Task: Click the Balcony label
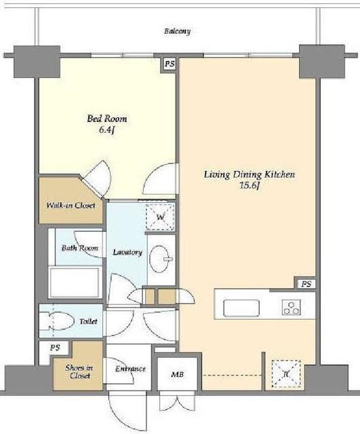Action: (x=178, y=31)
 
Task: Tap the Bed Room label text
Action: (x=107, y=119)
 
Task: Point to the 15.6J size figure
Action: (x=249, y=186)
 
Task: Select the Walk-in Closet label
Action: (x=71, y=205)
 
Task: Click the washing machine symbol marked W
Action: (x=161, y=217)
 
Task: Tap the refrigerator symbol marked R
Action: (x=286, y=374)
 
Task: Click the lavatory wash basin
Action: (x=159, y=259)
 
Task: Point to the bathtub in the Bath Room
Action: (x=75, y=282)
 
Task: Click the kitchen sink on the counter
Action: (x=241, y=308)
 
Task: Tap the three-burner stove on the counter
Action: (x=292, y=307)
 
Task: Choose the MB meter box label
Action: (x=177, y=374)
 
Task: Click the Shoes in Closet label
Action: (x=79, y=372)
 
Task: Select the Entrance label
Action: (x=130, y=369)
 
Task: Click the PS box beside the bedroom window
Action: (x=169, y=64)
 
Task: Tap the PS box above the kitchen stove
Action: (x=306, y=284)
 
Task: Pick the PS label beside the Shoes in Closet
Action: (x=55, y=348)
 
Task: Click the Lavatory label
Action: (x=127, y=252)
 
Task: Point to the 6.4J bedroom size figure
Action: (x=107, y=130)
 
